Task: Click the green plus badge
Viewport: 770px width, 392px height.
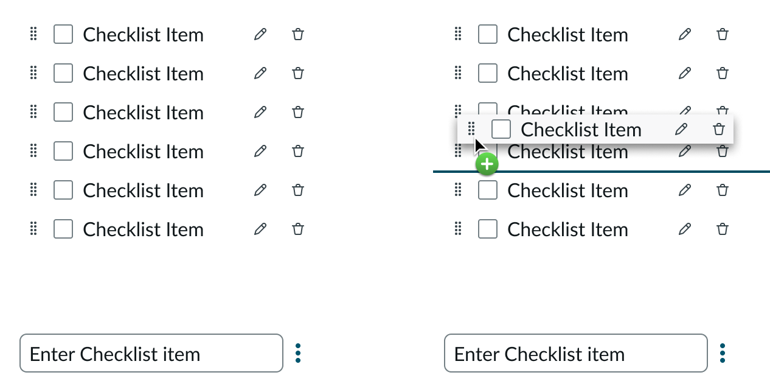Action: pyautogui.click(x=487, y=164)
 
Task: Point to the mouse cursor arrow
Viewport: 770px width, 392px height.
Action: pyautogui.click(x=480, y=147)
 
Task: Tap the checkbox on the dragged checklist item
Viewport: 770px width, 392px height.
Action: pyautogui.click(x=501, y=129)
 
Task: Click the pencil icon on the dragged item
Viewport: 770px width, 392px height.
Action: pyautogui.click(x=681, y=129)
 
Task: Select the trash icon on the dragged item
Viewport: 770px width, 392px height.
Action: pyautogui.click(x=719, y=129)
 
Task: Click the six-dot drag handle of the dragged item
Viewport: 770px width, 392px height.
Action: pyautogui.click(x=471, y=129)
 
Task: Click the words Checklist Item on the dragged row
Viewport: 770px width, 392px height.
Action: pyautogui.click(x=581, y=130)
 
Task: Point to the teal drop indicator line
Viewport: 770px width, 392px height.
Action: pyautogui.click(x=608, y=172)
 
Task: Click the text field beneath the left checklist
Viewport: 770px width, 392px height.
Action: pyautogui.click(x=151, y=353)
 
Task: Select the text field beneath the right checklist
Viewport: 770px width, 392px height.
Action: pyautogui.click(x=575, y=353)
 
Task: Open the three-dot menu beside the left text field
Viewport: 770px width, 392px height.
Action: pyautogui.click(x=298, y=353)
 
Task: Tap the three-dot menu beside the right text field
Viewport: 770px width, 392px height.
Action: pyautogui.click(x=723, y=353)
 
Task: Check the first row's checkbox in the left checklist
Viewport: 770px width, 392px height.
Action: pyautogui.click(x=63, y=34)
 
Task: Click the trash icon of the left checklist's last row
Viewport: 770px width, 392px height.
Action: pyautogui.click(x=298, y=229)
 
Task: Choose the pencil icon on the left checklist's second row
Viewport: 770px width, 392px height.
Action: pyautogui.click(x=260, y=73)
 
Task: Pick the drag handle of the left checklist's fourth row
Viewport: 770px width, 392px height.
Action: pyautogui.click(x=33, y=151)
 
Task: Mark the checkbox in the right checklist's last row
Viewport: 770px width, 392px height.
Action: pyautogui.click(x=488, y=229)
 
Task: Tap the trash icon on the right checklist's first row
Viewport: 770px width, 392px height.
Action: pyautogui.click(x=723, y=34)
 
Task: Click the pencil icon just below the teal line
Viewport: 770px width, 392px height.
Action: pyautogui.click(x=685, y=190)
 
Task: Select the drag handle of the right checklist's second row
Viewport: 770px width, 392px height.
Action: pyautogui.click(x=458, y=73)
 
